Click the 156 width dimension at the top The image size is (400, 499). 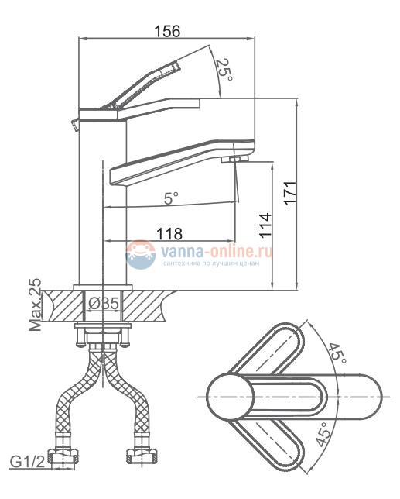point(167,31)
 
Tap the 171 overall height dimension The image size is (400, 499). point(290,193)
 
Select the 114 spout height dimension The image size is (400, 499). point(265,225)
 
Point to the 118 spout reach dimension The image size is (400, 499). point(169,233)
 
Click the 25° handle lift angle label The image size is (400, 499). point(224,70)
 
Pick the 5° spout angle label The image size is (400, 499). point(171,198)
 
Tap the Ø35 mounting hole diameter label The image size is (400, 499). point(104,304)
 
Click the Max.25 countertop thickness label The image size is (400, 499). point(36,305)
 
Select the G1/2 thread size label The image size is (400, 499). point(28,462)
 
